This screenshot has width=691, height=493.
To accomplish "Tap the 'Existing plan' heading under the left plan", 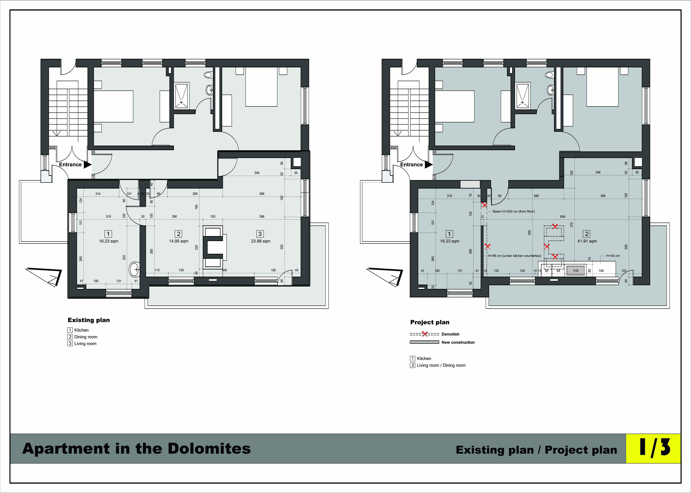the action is (x=89, y=320).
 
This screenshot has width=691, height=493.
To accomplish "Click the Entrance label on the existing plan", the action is (x=70, y=165).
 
